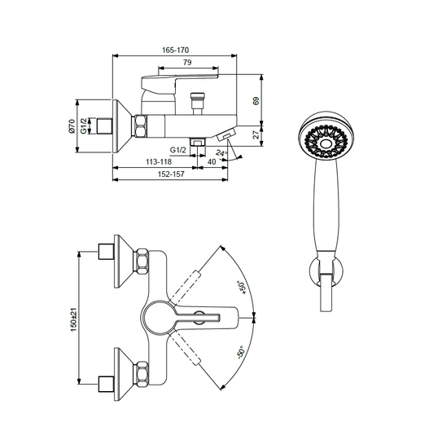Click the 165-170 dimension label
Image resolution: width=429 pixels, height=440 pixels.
176,50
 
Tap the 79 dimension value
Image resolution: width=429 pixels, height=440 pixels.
187,62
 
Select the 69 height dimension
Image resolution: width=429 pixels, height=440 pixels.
256,101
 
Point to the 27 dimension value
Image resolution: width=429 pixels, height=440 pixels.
256,134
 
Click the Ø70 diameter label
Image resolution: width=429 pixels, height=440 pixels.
72,126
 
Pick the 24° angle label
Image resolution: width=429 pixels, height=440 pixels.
221,153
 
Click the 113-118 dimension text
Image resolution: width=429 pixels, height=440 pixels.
159,161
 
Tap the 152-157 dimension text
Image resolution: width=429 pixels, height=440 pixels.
171,174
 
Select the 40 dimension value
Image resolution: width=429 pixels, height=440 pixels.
212,161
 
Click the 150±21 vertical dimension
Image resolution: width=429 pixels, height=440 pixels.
73,320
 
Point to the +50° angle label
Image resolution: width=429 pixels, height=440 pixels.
242,287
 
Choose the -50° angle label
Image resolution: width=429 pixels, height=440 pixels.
241,353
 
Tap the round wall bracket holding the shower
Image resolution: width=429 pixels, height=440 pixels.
326,271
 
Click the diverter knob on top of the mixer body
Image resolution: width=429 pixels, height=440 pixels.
197,103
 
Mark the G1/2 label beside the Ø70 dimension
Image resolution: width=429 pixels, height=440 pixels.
84,126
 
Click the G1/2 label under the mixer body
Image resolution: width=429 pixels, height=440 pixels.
178,150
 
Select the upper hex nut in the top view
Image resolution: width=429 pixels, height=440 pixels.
141,262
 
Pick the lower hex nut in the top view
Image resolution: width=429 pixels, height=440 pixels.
141,375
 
